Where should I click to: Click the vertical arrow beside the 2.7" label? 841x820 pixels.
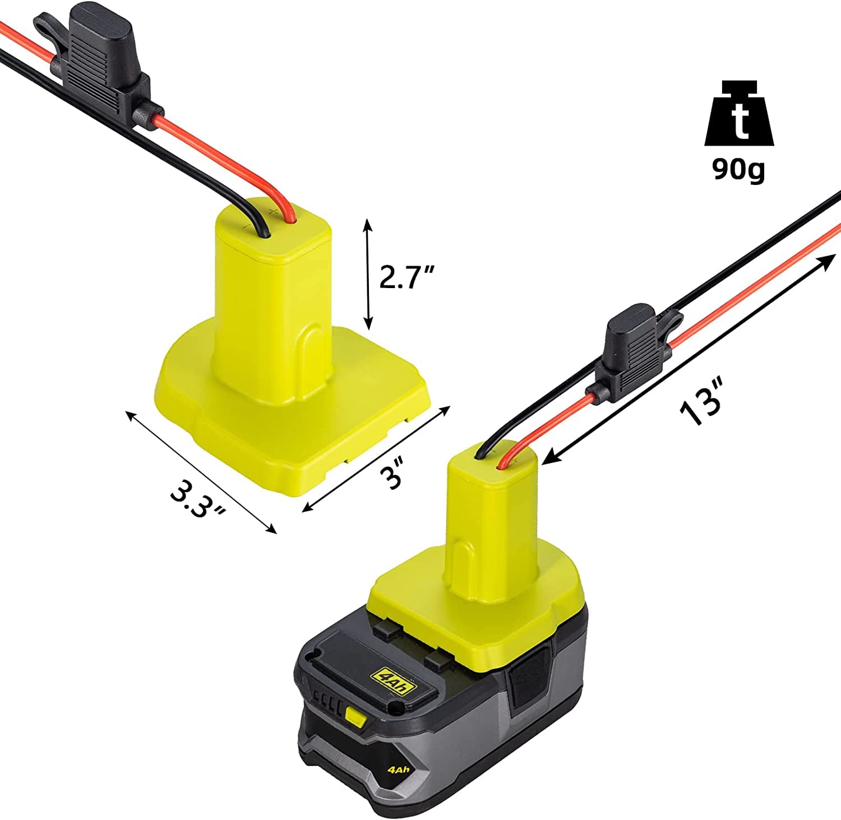click(x=368, y=275)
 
